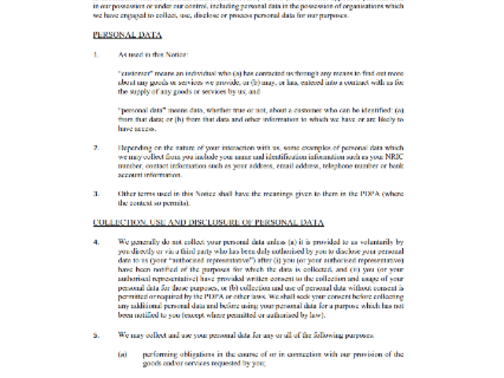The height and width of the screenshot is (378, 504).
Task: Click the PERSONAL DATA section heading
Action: tap(128, 35)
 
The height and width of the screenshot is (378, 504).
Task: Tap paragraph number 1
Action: tap(96, 55)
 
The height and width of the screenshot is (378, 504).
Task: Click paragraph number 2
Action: tap(96, 147)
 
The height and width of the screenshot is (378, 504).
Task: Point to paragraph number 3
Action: tap(96, 193)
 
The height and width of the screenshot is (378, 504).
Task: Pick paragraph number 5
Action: tap(96, 335)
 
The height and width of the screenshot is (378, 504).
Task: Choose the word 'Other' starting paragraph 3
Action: tap(128, 193)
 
